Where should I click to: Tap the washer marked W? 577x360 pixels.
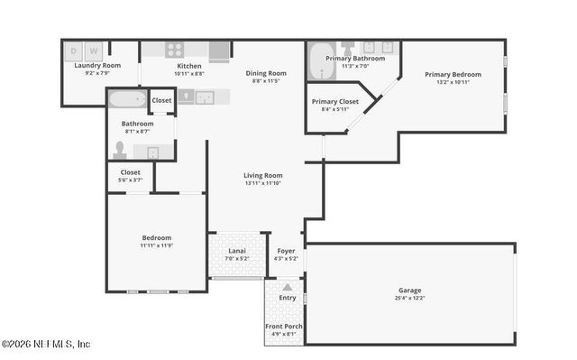coord(93,51)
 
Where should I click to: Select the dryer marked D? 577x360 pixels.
coord(74,51)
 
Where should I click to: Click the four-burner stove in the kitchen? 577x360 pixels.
coord(175,51)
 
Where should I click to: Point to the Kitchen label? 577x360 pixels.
coord(189,66)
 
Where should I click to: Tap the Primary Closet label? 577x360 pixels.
coord(335,101)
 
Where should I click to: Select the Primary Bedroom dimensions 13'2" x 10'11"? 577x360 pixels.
coord(453,82)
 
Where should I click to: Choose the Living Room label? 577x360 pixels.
coord(263,175)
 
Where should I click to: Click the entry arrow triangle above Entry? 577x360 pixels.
coord(287,287)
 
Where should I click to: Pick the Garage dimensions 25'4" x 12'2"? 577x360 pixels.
coord(409,298)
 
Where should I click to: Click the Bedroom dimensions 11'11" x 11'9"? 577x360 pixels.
coord(155,245)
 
